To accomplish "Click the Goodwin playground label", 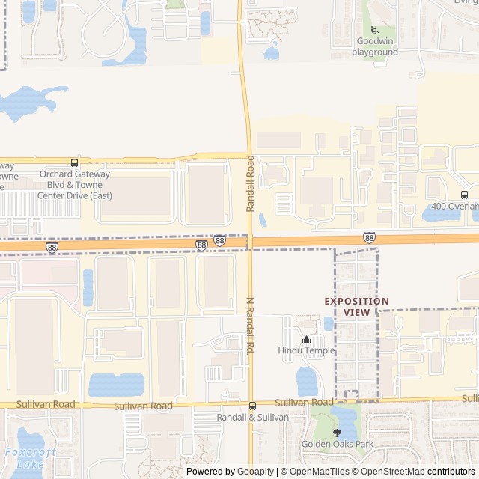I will click(x=375, y=46).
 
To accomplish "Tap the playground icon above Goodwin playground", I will click(x=374, y=30).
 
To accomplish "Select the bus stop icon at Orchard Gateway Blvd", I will click(x=74, y=162).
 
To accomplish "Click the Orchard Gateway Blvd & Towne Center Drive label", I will click(x=74, y=185).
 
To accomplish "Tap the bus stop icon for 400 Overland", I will click(x=464, y=195).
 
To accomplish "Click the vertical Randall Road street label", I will click(x=251, y=183).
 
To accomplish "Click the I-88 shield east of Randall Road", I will click(x=369, y=237).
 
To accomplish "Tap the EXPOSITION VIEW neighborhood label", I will click(x=356, y=306).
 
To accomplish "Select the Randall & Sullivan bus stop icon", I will click(x=252, y=406).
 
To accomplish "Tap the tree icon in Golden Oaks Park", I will click(x=337, y=433).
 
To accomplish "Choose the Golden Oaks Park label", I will click(x=337, y=444).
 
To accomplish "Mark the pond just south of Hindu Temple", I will click(x=307, y=381).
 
